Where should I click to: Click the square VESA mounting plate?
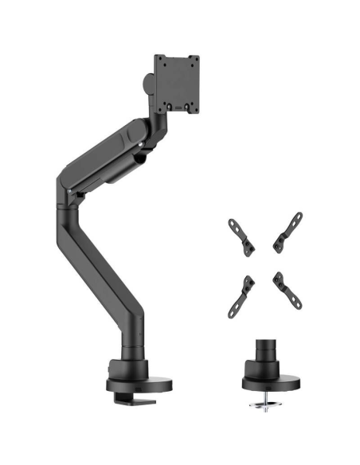(x=176, y=83)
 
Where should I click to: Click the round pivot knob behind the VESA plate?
(x=149, y=83)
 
